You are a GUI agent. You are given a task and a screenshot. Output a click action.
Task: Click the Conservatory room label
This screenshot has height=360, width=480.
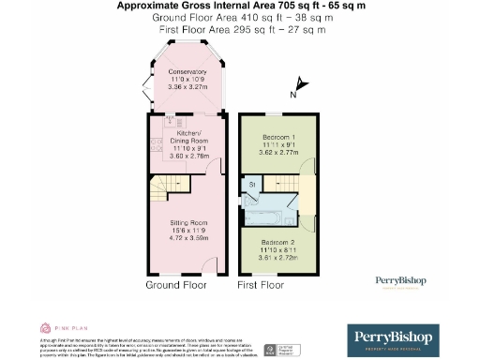click(x=187, y=72)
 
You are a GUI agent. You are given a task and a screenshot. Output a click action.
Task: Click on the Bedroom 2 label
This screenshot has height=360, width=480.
click(x=277, y=243)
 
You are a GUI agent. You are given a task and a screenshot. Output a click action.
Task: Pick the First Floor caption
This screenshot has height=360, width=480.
click(x=260, y=284)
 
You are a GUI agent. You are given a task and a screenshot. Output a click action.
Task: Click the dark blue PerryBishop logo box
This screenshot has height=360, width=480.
click(x=407, y=338)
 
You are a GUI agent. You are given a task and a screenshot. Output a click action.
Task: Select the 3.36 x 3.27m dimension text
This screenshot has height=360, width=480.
click(x=187, y=87)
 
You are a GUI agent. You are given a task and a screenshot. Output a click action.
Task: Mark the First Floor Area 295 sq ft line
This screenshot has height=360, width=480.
click(x=240, y=30)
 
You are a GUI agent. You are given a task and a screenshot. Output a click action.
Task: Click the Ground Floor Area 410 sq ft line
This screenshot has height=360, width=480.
click(x=240, y=18)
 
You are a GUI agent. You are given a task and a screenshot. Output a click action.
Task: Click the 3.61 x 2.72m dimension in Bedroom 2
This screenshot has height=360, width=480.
click(x=277, y=257)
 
